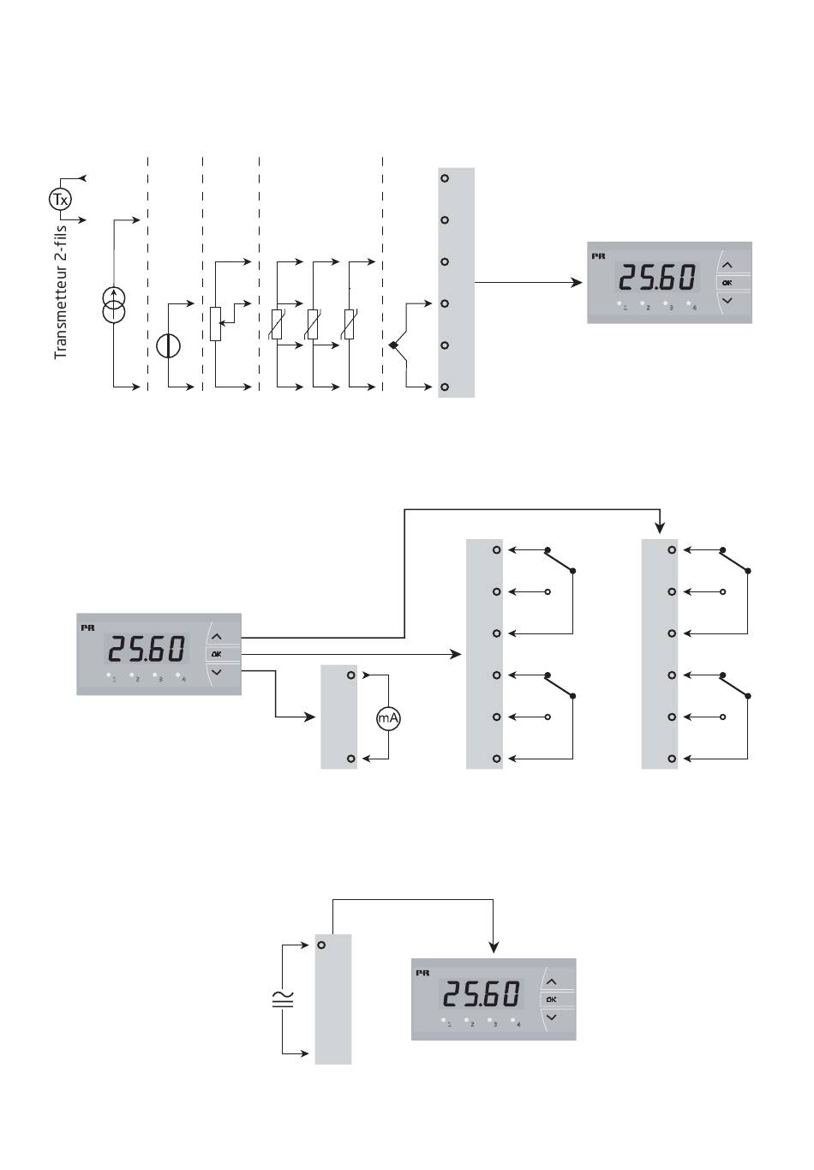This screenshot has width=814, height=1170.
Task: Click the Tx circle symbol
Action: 59,200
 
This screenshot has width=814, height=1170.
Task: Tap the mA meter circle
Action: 389,718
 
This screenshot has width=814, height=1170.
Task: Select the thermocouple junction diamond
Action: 393,345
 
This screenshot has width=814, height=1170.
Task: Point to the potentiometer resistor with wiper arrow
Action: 215,323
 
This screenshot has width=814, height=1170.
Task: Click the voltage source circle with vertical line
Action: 168,345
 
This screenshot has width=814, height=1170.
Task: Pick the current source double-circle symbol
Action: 113,307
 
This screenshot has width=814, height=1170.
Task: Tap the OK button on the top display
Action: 727,282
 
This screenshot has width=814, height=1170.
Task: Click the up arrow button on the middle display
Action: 216,637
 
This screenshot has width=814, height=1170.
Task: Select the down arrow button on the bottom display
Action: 551,1017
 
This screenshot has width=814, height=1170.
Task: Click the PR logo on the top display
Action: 598,256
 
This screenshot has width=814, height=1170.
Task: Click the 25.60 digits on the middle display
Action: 147,650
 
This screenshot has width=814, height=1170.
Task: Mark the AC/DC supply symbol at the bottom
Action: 283,999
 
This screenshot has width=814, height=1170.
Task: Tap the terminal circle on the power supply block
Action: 321,945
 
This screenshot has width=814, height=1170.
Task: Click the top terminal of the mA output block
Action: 350,675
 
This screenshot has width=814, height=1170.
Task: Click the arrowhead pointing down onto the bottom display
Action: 494,947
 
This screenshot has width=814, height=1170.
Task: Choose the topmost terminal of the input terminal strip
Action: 445,178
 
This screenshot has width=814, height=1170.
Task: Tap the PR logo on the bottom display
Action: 422,973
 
